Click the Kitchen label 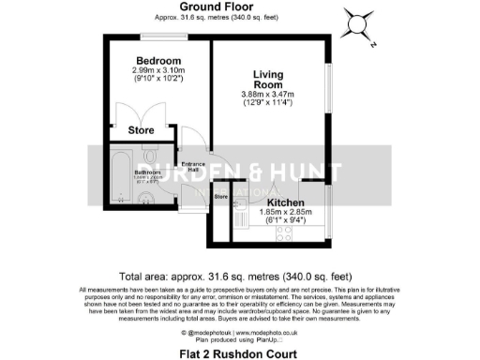(x=284, y=202)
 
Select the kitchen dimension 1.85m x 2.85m (x=284, y=215)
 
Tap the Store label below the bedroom (x=142, y=130)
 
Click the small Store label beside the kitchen (x=221, y=197)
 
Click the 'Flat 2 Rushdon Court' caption (x=239, y=353)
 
